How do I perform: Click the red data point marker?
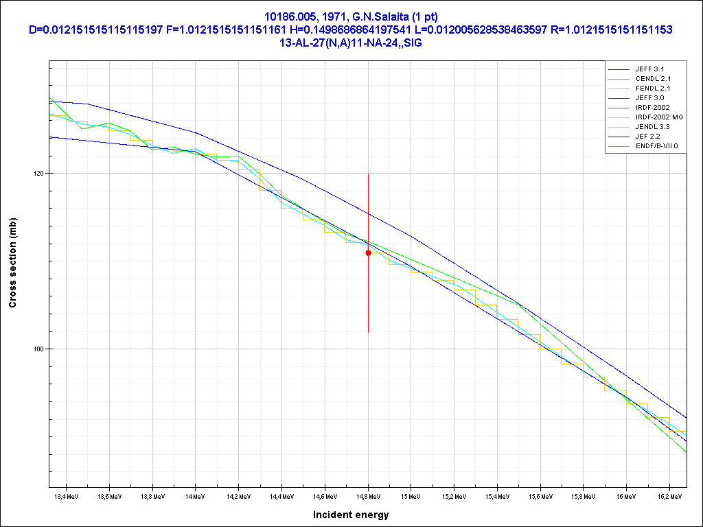[x=369, y=253]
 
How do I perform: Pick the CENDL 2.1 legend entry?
[x=652, y=79]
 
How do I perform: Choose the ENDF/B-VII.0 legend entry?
[x=656, y=146]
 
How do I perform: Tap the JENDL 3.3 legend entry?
[x=652, y=127]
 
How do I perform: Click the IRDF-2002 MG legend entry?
[x=659, y=117]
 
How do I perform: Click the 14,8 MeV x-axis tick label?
[x=368, y=495]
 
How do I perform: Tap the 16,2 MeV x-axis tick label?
[x=669, y=495]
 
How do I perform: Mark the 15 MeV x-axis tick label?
[x=411, y=495]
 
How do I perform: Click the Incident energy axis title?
[x=351, y=515]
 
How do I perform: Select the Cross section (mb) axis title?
[x=12, y=262]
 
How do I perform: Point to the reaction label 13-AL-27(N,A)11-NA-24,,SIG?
[x=351, y=42]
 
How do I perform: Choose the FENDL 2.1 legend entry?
[x=652, y=89]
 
